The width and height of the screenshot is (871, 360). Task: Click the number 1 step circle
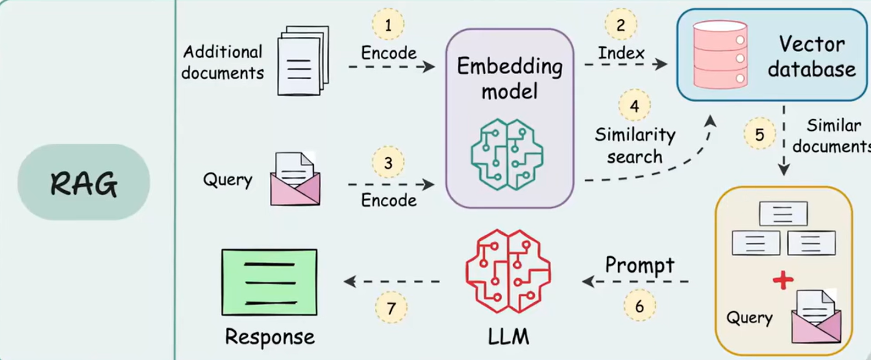pyautogui.click(x=388, y=25)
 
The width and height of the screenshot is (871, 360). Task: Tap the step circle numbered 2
pyautogui.click(x=621, y=25)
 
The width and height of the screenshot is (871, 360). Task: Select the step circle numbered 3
pyautogui.click(x=388, y=163)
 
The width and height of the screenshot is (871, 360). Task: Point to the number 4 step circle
pyautogui.click(x=634, y=106)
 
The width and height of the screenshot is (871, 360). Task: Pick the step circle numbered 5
pyautogui.click(x=759, y=135)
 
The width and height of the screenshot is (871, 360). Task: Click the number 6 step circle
pyautogui.click(x=639, y=306)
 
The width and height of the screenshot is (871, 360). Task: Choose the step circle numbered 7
pyautogui.click(x=391, y=308)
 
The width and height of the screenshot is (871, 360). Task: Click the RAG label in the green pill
pyautogui.click(x=84, y=183)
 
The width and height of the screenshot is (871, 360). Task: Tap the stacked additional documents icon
pyautogui.click(x=302, y=60)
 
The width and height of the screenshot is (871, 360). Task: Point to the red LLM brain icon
pyautogui.click(x=507, y=272)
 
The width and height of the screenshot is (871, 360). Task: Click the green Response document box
pyautogui.click(x=269, y=282)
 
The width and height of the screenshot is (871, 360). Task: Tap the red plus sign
pyautogui.click(x=783, y=280)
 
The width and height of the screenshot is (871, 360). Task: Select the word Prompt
pyautogui.click(x=639, y=265)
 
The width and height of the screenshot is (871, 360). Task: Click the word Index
pyautogui.click(x=621, y=53)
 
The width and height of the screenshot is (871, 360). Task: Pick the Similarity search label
pyautogui.click(x=635, y=146)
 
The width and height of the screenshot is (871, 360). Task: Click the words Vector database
pyautogui.click(x=811, y=57)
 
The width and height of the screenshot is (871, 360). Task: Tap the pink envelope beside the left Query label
pyautogui.click(x=295, y=180)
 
